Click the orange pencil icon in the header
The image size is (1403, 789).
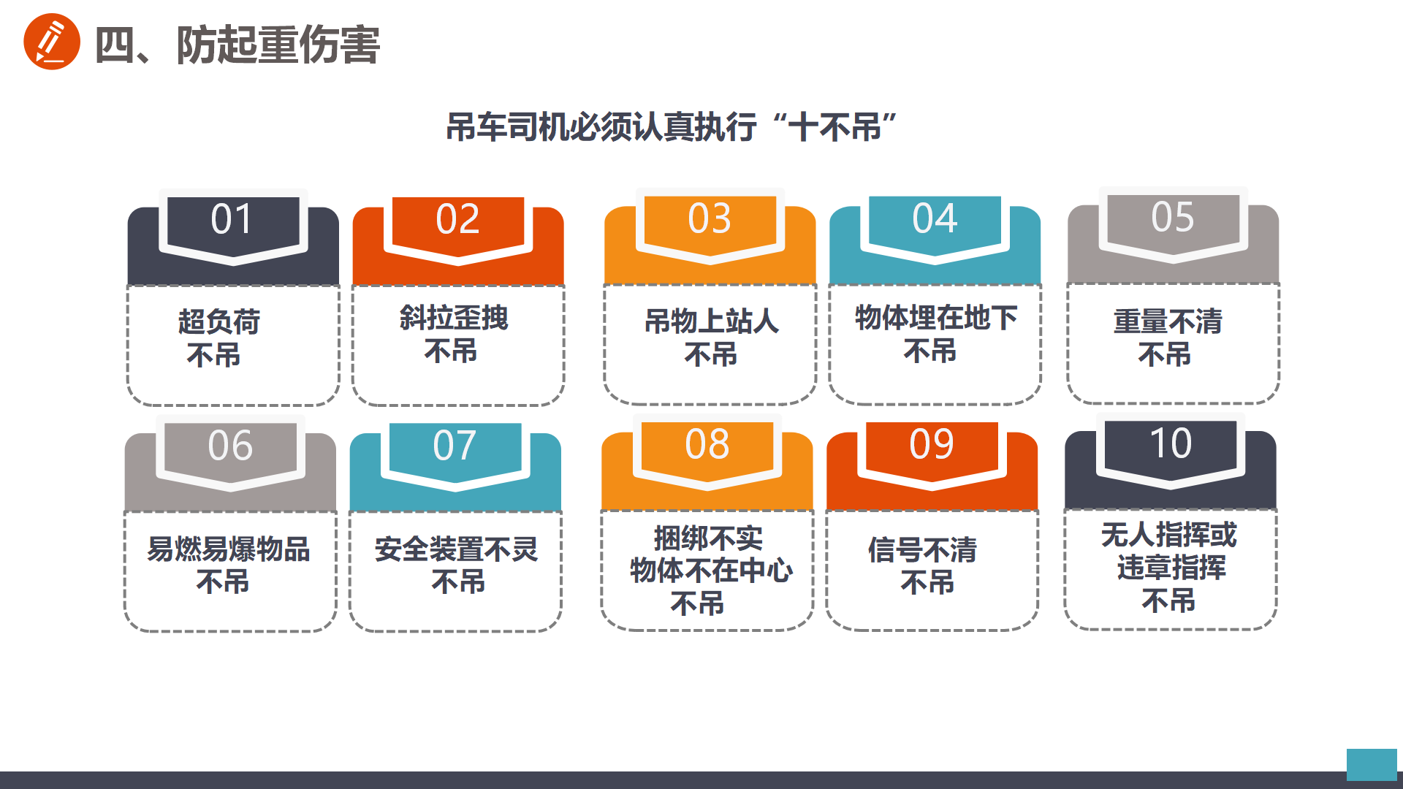tap(52, 42)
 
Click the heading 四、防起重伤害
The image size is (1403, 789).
tap(237, 45)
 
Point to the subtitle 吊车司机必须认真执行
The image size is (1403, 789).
tap(601, 127)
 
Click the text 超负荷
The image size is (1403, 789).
tap(219, 321)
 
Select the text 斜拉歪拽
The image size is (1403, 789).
tap(454, 318)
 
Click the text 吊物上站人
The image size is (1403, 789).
tap(712, 321)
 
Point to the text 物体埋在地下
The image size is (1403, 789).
tap(936, 318)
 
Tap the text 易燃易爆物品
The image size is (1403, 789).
tap(229, 549)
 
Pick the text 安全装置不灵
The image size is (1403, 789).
tap(457, 549)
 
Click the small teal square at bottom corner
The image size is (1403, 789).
tap(1372, 765)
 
